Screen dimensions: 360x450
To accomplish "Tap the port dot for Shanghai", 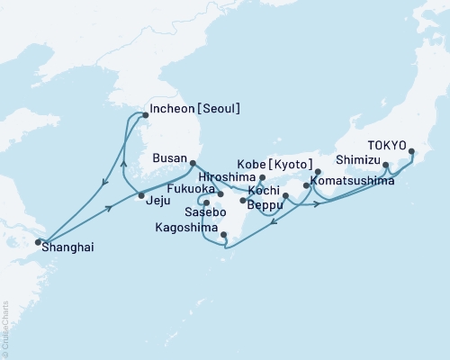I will tap(38, 241).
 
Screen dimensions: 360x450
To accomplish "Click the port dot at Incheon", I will tap(144, 114).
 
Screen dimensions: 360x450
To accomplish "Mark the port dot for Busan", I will tap(193, 163).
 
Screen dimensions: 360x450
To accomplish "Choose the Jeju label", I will tap(159, 202).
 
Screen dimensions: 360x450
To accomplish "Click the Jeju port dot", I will tap(141, 195).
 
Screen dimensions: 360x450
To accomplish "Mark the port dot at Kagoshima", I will tap(225, 238).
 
